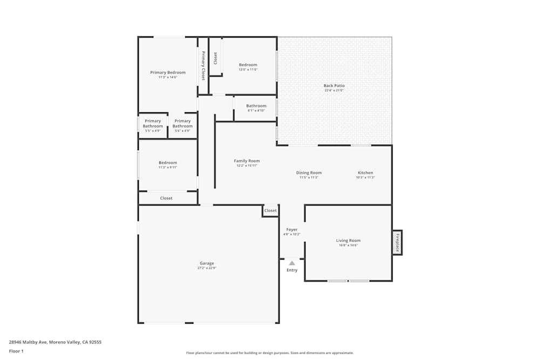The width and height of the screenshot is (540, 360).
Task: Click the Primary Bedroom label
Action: (167, 72)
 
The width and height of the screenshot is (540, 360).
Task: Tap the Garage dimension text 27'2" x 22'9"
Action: (207, 268)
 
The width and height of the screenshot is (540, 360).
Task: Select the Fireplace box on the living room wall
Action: (397, 242)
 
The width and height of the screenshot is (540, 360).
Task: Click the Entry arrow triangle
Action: (292, 263)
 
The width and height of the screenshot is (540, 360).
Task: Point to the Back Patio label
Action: (334, 85)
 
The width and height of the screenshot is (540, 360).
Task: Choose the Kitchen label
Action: (365, 173)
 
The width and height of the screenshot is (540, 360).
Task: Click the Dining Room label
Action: (308, 173)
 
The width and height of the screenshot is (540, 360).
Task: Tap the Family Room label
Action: (246, 161)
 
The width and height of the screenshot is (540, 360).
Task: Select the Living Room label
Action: (348, 241)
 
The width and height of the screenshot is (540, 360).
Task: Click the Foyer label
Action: (292, 229)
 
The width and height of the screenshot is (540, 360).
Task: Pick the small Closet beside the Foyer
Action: (270, 210)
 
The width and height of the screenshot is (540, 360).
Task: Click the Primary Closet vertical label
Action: (203, 65)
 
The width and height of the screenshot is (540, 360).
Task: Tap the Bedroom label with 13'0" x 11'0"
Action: (248, 65)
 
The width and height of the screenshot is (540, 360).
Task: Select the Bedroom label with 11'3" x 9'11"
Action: (167, 162)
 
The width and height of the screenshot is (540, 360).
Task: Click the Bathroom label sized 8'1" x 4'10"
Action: (256, 106)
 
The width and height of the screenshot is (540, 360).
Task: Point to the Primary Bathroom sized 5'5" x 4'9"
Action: (152, 124)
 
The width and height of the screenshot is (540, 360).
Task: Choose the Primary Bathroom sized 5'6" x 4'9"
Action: (182, 124)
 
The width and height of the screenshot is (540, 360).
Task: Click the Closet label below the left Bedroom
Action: (166, 198)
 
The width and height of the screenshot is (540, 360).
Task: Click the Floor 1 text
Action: (16, 351)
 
